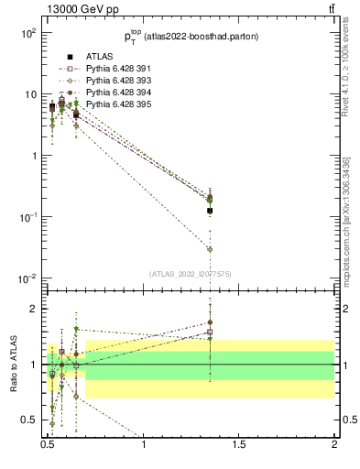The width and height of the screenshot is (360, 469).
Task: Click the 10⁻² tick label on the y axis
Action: tap(26, 278)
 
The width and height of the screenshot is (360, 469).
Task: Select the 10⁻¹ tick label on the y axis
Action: tap(26, 217)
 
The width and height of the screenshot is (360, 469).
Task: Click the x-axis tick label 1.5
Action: tap(239, 444)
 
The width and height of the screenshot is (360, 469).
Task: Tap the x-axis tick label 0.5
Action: tap(49, 444)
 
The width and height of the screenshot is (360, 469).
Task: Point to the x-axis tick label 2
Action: tap(334, 444)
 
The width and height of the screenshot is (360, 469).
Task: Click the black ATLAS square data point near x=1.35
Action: tap(210, 211)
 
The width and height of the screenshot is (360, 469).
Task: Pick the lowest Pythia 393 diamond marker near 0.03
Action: tap(210, 249)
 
